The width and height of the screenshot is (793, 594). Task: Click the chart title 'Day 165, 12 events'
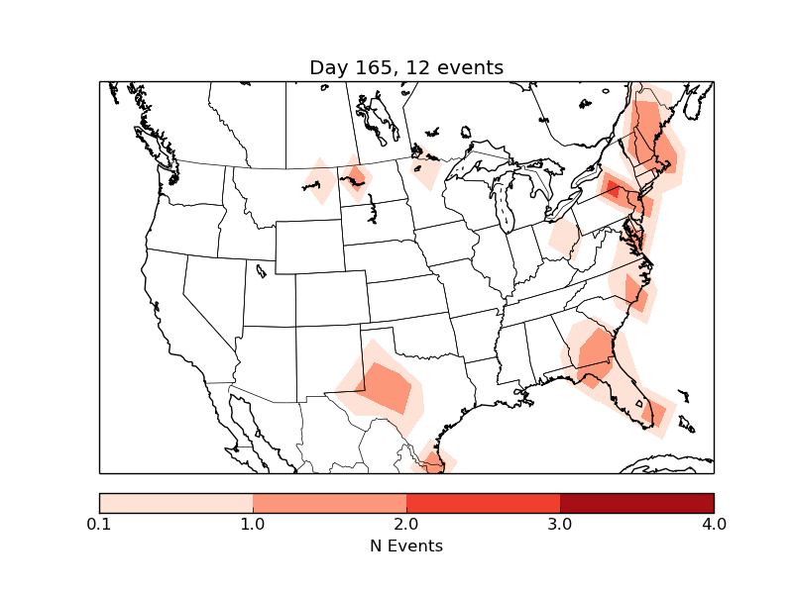click(406, 67)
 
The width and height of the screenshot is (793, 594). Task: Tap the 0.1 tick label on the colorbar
click(99, 524)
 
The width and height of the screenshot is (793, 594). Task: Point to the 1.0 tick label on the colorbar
click(253, 524)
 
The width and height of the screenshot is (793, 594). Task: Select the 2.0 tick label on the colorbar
click(406, 524)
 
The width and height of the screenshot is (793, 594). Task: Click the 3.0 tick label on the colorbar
click(560, 524)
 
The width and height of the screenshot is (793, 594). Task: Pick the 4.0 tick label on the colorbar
click(714, 524)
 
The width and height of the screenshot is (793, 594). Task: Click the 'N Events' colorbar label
click(406, 545)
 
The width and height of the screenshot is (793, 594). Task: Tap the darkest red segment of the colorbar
click(636, 502)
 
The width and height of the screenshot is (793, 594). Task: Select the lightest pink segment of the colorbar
click(176, 502)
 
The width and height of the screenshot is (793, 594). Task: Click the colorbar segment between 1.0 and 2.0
click(329, 502)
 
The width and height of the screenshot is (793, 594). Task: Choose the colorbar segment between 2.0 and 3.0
click(483, 502)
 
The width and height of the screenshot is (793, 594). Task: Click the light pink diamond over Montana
click(320, 181)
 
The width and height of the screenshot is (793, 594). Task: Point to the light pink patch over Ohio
click(564, 238)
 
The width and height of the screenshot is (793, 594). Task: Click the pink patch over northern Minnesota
click(426, 170)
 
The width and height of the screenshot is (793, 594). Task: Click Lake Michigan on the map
click(504, 208)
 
